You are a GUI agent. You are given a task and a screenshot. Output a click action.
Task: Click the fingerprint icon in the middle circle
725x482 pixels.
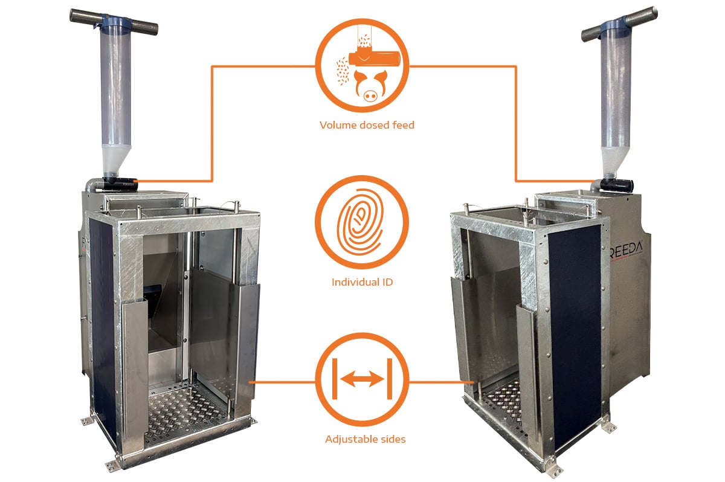[x=360, y=222]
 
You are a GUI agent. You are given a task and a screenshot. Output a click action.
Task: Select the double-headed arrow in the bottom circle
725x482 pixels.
[x=362, y=379]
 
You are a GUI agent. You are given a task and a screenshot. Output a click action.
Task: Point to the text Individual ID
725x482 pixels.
[x=362, y=282]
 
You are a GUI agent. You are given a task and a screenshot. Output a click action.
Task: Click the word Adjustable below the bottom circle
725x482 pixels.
[x=352, y=439]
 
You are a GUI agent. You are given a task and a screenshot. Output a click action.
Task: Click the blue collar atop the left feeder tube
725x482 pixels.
[x=116, y=21]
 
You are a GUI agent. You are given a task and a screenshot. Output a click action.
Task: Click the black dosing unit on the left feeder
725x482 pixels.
[x=120, y=184]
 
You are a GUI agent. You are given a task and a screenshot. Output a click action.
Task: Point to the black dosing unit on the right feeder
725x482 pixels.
[x=617, y=185]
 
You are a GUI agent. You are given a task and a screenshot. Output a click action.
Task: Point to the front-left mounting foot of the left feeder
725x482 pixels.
[x=113, y=465]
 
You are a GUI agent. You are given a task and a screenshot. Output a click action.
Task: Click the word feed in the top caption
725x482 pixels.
[x=404, y=125]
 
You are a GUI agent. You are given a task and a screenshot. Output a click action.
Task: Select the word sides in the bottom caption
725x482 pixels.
[x=393, y=439]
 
